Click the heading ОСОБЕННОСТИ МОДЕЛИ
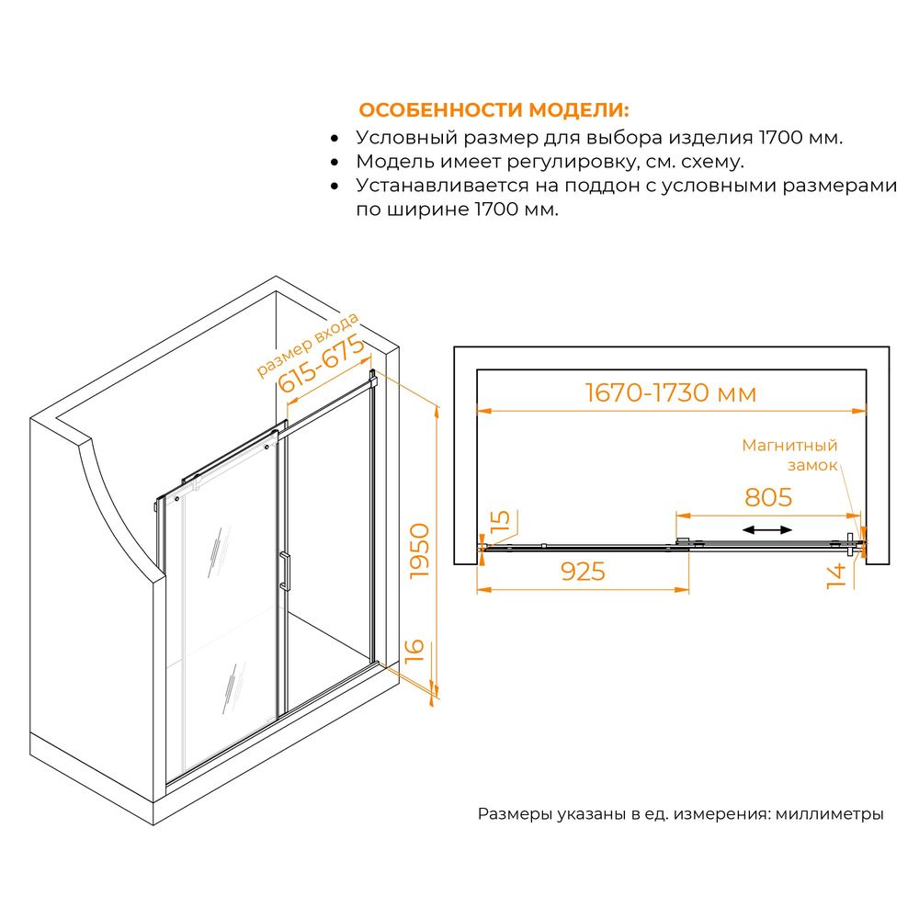click(x=494, y=110)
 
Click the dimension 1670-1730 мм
click(x=671, y=392)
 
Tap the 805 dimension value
click(x=768, y=497)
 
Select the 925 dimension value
click(x=583, y=572)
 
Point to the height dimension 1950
click(x=420, y=551)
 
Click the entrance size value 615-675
click(x=321, y=364)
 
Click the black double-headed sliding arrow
click(x=767, y=530)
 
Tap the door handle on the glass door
click(x=284, y=571)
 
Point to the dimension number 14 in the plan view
click(x=835, y=575)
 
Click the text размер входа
click(x=307, y=346)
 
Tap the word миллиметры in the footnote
click(x=829, y=813)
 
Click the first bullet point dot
click(x=335, y=139)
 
